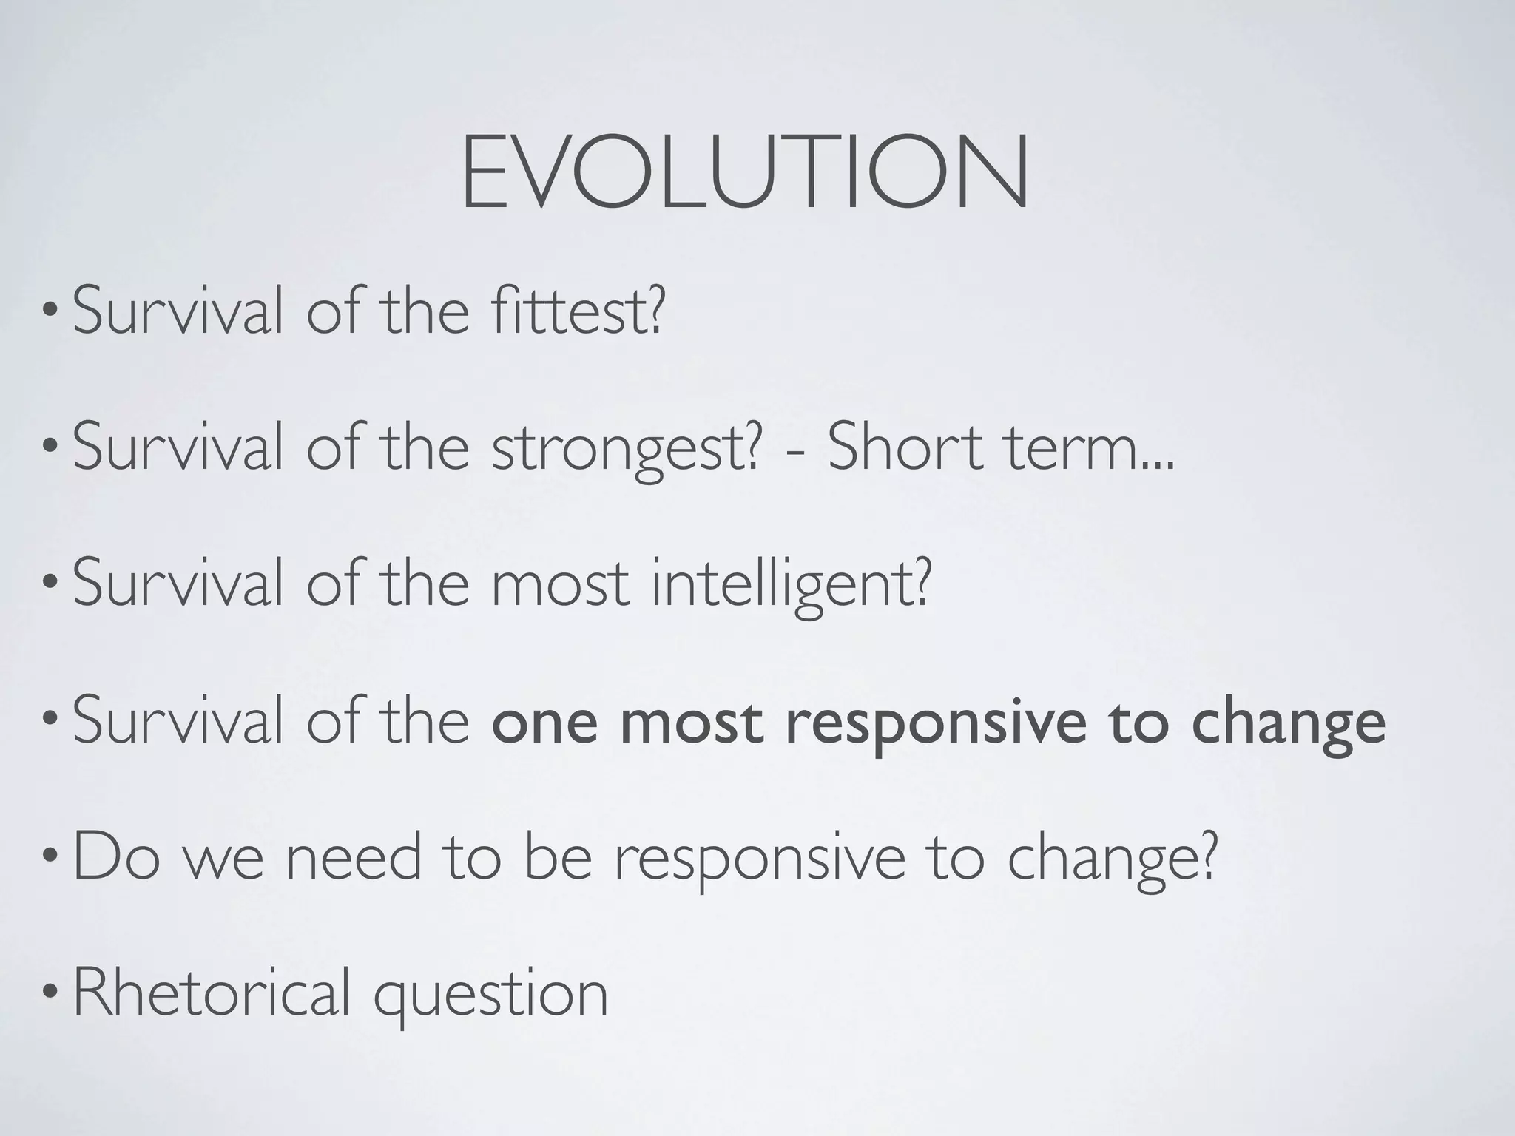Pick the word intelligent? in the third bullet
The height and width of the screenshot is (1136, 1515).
pyautogui.click(x=789, y=585)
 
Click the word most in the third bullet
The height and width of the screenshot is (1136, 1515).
pyautogui.click(x=559, y=585)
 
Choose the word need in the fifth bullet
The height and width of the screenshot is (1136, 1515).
pyautogui.click(x=353, y=857)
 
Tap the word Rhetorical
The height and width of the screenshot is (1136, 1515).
pyautogui.click(x=212, y=993)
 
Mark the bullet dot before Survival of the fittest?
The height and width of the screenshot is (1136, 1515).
pyautogui.click(x=49, y=314)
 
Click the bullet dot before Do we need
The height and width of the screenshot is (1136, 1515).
pyautogui.click(x=49, y=860)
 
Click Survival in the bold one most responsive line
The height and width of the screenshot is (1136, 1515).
pyautogui.click(x=178, y=721)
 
